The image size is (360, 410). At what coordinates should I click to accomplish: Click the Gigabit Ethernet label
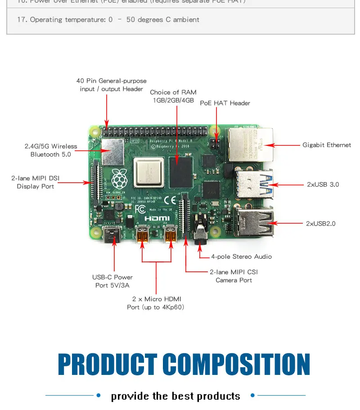326,145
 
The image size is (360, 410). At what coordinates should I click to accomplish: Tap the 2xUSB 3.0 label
323,185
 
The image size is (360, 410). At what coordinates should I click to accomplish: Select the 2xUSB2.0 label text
321,223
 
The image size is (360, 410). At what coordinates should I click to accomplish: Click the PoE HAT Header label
225,103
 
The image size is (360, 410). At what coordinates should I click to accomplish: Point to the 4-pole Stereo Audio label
242,257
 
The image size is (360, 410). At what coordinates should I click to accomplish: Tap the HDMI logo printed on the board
157,218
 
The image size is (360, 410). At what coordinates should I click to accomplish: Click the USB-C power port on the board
111,234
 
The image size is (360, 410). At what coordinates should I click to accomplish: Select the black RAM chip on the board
180,167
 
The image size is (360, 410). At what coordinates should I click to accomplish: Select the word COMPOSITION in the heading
236,365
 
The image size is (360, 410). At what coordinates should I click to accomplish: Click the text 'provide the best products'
175,396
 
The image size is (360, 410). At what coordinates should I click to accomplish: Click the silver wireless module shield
112,151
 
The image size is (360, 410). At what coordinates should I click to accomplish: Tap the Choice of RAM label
173,96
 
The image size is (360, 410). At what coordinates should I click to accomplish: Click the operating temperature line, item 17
108,20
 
